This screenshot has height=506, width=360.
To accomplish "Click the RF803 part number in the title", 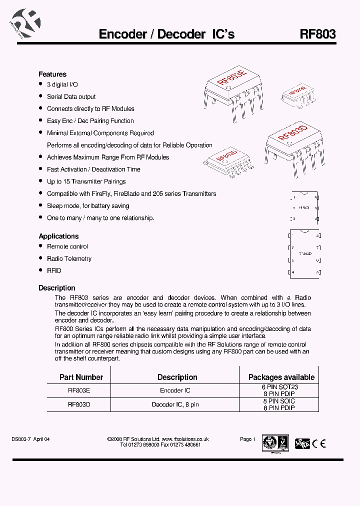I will (x=317, y=34).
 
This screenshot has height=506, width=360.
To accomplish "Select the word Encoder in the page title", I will (x=122, y=34).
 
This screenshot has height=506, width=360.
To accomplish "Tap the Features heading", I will (x=52, y=74).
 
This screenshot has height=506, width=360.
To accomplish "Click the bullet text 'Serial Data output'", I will (x=71, y=96).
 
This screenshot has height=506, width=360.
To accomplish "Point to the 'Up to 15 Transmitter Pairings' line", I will (x=86, y=181).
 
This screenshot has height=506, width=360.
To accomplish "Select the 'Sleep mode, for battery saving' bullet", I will (x=88, y=205).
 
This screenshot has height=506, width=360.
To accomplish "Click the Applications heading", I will (x=58, y=236).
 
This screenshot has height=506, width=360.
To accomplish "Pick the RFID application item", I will (x=54, y=270).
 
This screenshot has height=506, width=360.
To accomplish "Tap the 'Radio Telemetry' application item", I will (x=69, y=258).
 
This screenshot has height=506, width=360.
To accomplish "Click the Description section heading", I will (x=57, y=288).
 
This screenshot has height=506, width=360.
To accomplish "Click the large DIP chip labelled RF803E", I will (x=232, y=87).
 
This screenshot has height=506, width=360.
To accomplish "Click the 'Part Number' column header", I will (x=81, y=377).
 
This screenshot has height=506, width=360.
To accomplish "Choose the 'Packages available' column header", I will (x=281, y=377).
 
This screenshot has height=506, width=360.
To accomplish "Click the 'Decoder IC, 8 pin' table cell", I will (x=175, y=404).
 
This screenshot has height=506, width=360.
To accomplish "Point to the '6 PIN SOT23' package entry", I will (x=279, y=387).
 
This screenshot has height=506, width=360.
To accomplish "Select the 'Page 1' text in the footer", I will (x=247, y=439).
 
